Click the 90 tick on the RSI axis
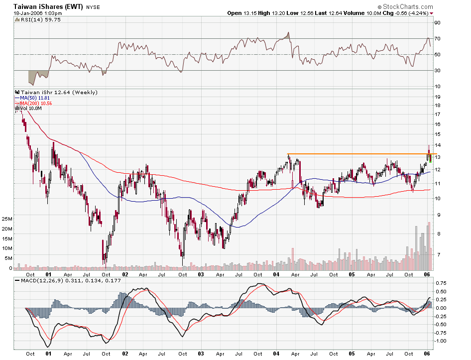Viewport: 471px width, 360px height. point(437,23)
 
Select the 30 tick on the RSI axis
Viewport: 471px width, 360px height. point(437,70)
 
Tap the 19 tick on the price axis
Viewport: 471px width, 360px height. point(437,97)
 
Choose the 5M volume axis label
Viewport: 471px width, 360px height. point(8,258)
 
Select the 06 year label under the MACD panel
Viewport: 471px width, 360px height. point(427,354)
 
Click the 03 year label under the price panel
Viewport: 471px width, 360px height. point(201,274)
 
